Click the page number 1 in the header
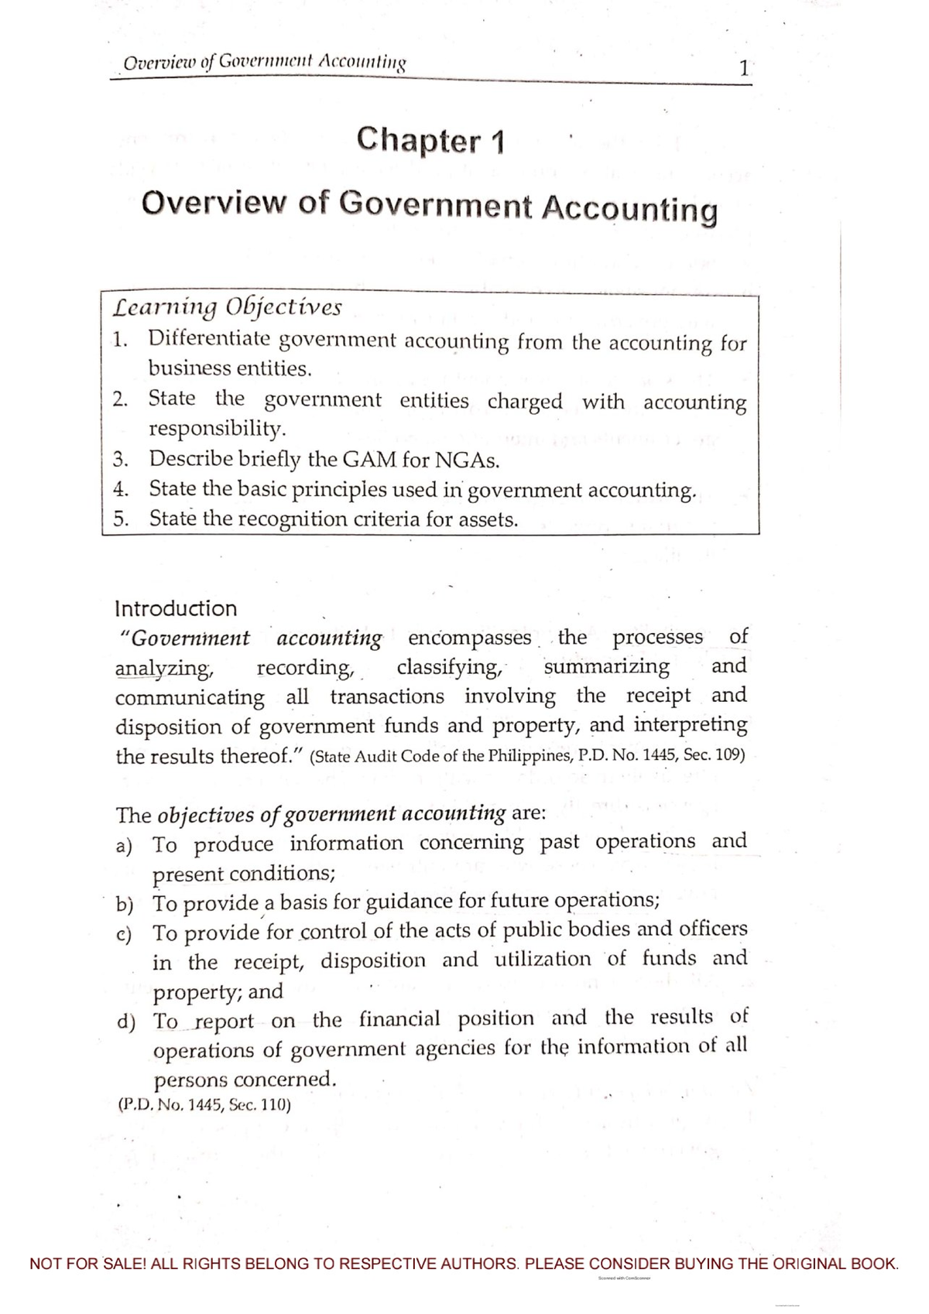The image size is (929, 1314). pos(742,68)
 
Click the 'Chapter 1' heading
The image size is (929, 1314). pos(430,141)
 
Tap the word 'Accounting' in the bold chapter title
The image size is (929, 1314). pos(629,209)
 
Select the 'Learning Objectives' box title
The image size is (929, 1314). pos(227,307)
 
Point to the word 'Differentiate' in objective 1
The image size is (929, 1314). pos(209,339)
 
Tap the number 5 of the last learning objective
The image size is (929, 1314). pos(119,518)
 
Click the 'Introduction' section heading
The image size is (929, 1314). pos(176,608)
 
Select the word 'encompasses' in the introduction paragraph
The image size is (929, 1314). pos(469,638)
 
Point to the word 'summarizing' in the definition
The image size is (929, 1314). pos(607,666)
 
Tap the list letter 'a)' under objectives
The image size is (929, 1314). pos(124,845)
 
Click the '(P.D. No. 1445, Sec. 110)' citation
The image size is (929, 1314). pos(204,1106)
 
